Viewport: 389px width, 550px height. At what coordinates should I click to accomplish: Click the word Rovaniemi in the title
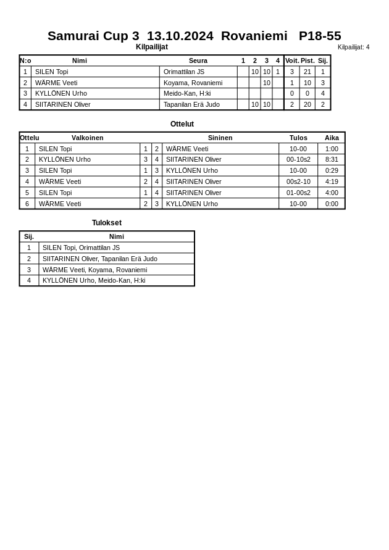(x=254, y=36)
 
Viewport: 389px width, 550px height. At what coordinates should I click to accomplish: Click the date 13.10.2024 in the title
(x=180, y=36)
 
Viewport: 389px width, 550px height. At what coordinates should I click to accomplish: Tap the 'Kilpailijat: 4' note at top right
(x=353, y=47)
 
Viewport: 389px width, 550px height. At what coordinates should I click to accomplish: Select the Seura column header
(x=198, y=60)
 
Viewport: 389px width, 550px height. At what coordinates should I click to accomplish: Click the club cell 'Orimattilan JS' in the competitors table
(x=184, y=72)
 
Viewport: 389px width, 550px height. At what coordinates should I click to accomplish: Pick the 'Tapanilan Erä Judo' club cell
(x=191, y=104)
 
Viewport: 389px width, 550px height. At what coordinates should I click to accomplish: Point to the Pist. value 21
(x=307, y=72)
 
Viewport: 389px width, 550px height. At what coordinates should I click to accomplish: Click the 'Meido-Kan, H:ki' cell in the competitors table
(x=187, y=93)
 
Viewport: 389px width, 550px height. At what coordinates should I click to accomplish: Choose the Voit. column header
(x=292, y=60)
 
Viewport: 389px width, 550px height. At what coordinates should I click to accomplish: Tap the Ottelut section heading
(x=182, y=124)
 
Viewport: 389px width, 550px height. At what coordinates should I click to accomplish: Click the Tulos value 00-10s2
(x=298, y=159)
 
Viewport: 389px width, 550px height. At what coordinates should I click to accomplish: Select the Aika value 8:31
(x=332, y=159)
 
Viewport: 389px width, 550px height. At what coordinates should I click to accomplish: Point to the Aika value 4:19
(x=332, y=181)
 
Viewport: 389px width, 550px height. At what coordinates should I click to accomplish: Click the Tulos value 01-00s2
(x=298, y=193)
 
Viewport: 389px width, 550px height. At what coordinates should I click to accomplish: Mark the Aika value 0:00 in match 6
(x=332, y=204)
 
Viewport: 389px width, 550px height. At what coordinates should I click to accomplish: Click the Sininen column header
(x=220, y=138)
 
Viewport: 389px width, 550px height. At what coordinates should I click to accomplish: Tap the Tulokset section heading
(x=107, y=223)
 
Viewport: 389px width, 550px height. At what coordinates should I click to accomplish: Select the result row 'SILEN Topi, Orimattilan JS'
(x=81, y=248)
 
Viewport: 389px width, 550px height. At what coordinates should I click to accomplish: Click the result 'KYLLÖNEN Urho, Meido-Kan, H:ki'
(x=94, y=280)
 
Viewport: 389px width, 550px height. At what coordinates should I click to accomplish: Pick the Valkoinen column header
(x=87, y=138)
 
